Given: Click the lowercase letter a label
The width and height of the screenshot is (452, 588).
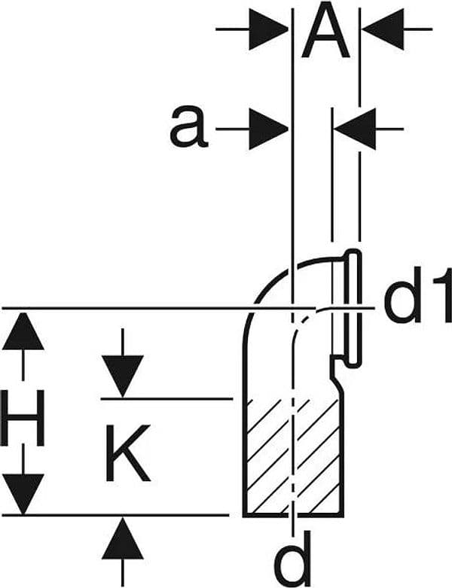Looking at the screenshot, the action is coord(188,126).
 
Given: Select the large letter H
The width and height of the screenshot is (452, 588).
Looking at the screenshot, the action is coord(23,417).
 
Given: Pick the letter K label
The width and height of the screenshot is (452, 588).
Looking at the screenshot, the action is coord(127,452).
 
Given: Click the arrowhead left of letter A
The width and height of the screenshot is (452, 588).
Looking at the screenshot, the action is coord(269,29).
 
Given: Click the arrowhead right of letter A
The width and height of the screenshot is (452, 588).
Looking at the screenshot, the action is coord(383,29).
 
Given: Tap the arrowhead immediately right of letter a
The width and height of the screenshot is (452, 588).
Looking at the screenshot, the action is coord(269,129).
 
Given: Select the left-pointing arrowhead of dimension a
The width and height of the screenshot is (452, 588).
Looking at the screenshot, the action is coord(355,129).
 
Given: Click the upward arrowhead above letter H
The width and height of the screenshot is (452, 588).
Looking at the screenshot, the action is coord(23,331).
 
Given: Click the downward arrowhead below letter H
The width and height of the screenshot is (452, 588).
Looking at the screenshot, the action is coord(23,494).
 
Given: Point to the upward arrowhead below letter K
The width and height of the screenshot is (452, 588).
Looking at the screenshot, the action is coord(123,538).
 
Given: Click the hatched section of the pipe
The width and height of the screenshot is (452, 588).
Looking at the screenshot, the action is coord(293,457).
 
